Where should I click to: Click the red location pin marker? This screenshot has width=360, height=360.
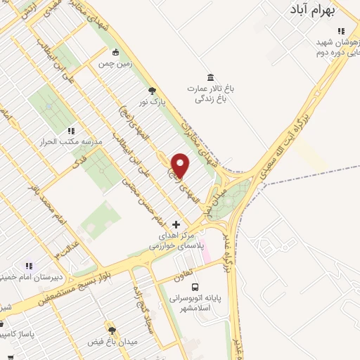pos(181,165)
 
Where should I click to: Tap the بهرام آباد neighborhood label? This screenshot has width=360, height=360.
pos(323,11)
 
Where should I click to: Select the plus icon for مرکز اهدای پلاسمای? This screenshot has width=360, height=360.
pos(176,224)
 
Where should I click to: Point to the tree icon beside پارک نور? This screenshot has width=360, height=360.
pos(151,90)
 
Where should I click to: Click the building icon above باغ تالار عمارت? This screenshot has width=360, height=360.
pos(210,77)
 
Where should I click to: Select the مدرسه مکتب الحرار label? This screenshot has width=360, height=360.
pos(73,141)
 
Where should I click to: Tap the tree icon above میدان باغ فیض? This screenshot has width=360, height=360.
pos(111,329)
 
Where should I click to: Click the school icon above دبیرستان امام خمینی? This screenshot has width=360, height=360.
pos(30,266)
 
